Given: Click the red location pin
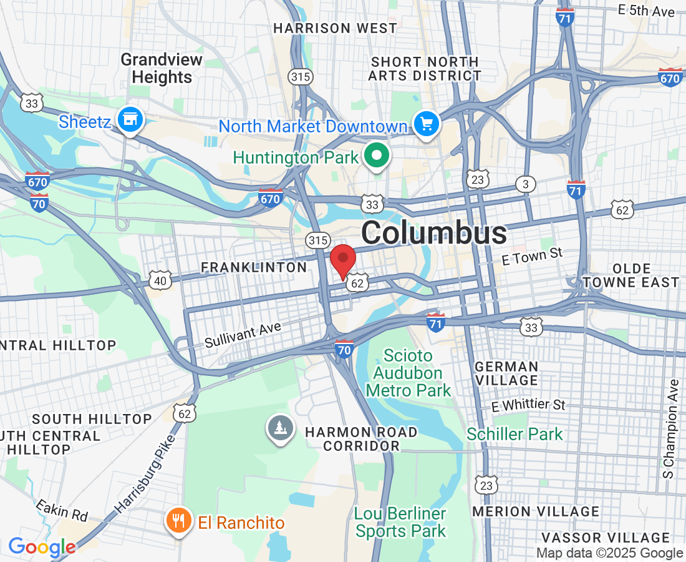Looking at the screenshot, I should (342, 259).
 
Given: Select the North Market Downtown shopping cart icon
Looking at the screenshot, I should (427, 124).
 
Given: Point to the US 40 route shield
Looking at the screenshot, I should (160, 281).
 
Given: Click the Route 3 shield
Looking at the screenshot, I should (526, 184).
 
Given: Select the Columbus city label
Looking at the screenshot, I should (434, 233).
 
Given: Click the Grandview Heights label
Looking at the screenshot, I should (162, 69).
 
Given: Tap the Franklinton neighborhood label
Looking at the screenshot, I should (253, 267).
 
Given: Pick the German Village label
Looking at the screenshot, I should (506, 373).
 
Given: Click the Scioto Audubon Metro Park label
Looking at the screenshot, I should (408, 373).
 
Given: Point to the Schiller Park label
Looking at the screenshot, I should (514, 434).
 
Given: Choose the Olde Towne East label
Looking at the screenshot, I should (632, 275).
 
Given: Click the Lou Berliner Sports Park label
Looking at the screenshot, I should (400, 522).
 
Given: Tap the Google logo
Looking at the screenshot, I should (42, 547).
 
